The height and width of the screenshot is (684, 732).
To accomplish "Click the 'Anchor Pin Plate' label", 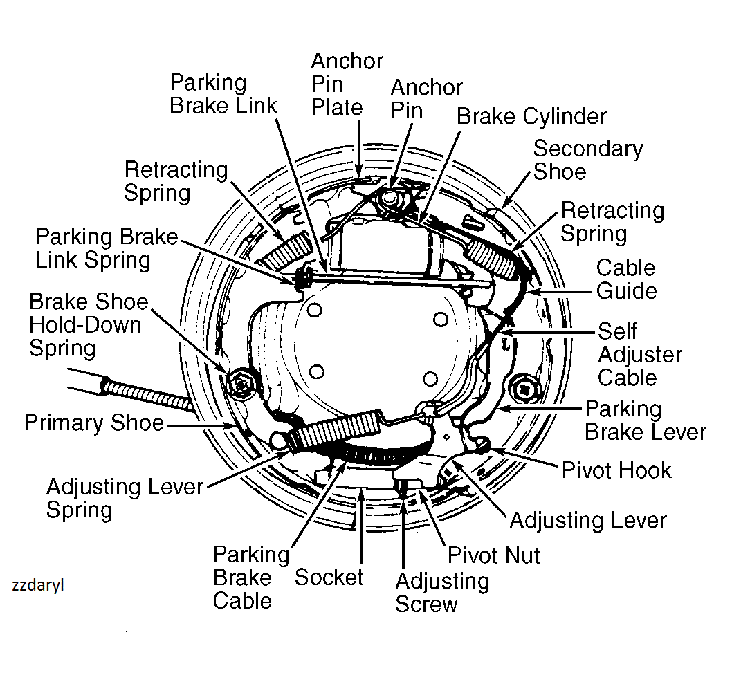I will point(346,84).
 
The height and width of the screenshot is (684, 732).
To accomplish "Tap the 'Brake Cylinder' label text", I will point(531,116).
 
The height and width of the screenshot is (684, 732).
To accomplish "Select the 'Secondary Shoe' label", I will point(587,160).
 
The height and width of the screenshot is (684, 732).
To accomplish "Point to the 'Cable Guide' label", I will point(626,279).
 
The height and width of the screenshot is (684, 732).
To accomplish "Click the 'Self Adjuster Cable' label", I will point(640,354).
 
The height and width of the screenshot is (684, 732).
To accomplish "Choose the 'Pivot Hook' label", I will point(616,470).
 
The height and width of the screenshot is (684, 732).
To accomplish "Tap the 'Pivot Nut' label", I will point(493,555).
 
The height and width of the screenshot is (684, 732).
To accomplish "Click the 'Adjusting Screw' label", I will point(442,592).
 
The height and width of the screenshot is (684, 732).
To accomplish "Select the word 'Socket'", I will point(329,577).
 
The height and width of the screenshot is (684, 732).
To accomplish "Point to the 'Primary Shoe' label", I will point(94,423).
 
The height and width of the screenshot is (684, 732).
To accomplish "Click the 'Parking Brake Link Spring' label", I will point(107,248).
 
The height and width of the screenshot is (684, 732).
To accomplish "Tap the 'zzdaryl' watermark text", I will point(38,584).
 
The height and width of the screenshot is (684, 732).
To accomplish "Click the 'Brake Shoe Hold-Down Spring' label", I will point(89,324).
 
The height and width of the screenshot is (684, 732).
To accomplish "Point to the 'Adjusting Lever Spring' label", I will point(125,498).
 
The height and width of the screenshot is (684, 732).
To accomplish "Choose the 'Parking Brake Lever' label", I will point(645,420).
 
